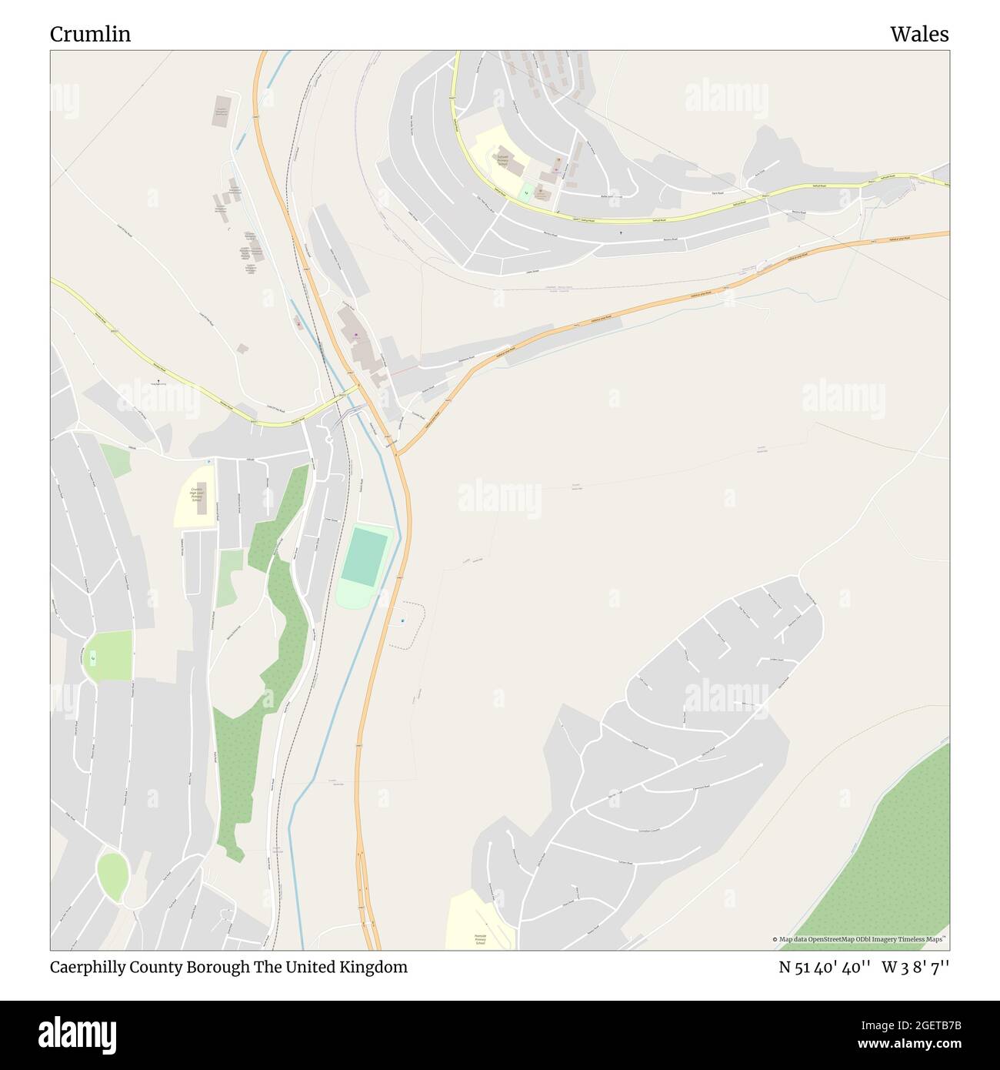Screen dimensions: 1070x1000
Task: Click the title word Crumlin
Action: (x=90, y=35)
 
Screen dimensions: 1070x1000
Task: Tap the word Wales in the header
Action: (x=919, y=35)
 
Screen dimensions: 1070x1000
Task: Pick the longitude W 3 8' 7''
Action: (x=915, y=968)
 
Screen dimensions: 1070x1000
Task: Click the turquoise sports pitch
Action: (x=365, y=556)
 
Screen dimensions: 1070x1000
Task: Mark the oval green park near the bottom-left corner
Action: (x=112, y=877)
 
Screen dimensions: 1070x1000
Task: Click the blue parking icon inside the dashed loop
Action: (x=402, y=620)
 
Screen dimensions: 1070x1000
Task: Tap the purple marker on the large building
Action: (x=355, y=334)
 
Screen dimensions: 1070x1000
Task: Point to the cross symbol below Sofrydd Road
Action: (x=621, y=231)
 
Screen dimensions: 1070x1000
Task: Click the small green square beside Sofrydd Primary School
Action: (x=526, y=192)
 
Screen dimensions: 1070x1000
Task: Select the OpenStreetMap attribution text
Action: (x=860, y=940)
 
